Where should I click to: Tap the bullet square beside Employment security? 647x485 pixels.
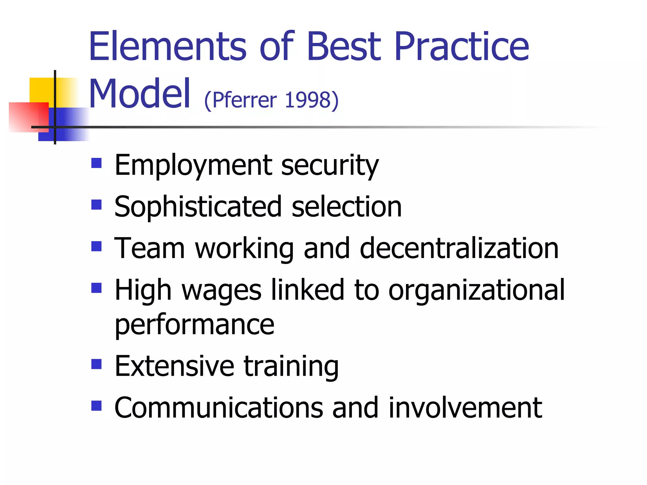click(96, 163)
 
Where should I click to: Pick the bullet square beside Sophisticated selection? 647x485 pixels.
click(96, 205)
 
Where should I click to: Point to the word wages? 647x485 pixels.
click(221, 290)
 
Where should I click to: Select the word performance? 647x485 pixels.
click(194, 325)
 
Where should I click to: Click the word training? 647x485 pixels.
click(291, 367)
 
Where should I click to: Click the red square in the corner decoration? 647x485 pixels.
click(28, 117)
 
